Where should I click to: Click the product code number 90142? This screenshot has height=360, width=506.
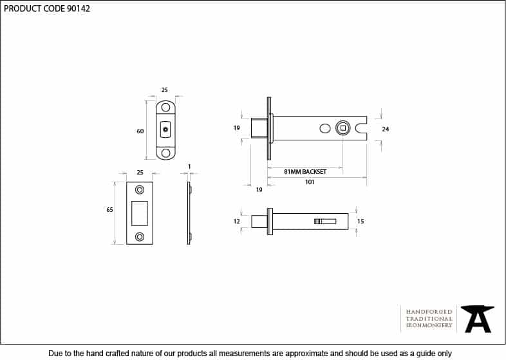(79, 8)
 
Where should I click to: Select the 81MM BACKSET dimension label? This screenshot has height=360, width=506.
(305, 172)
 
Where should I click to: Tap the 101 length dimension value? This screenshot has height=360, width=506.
(310, 182)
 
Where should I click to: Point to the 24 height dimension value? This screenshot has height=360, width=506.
(386, 129)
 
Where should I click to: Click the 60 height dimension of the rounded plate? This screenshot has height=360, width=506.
(140, 131)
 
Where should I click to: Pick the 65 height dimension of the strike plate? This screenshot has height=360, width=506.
(109, 210)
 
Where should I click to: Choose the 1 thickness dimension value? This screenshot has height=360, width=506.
(189, 167)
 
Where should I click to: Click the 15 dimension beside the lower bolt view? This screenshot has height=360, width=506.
(361, 221)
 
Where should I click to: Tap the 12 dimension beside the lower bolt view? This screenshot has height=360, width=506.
(237, 221)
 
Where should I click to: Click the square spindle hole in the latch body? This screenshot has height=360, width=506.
(343, 128)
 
